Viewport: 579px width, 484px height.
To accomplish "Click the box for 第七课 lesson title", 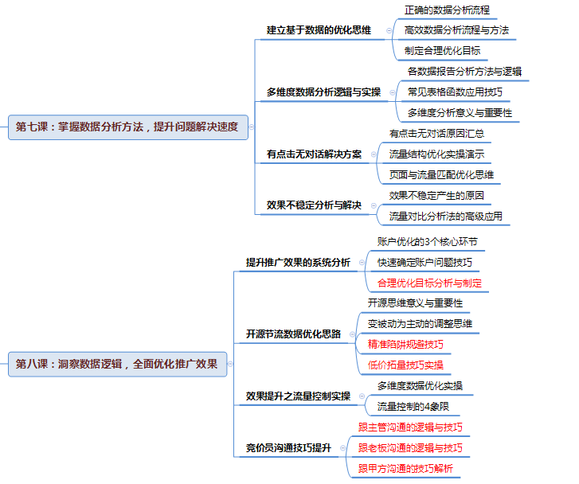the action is tap(128, 127).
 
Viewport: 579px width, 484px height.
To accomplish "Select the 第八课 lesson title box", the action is tap(117, 364).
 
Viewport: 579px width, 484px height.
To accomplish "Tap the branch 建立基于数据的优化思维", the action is tap(319, 30).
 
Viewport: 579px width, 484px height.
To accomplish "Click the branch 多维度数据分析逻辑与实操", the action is tap(323, 92).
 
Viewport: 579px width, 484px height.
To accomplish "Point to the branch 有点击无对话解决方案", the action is tap(314, 154).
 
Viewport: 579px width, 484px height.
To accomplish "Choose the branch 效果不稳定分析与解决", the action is tap(314, 205).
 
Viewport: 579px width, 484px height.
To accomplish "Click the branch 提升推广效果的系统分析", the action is tap(298, 263).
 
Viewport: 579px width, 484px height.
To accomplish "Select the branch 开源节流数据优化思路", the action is tap(293, 334).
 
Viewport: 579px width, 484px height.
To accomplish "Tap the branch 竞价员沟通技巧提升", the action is tap(288, 448).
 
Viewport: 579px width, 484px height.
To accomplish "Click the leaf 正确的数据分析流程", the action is tap(447, 10).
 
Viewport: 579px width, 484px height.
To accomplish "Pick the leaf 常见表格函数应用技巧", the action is tap(455, 92).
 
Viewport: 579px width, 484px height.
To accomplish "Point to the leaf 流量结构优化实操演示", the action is tap(436, 154).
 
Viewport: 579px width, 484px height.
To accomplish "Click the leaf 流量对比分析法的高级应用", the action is tap(446, 216).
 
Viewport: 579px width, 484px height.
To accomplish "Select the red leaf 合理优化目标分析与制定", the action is tap(429, 283).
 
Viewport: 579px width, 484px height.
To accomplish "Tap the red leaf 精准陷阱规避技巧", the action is tap(405, 345).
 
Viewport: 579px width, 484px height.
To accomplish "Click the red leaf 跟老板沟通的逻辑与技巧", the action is tap(410, 448).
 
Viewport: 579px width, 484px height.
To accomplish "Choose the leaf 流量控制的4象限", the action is tap(413, 407).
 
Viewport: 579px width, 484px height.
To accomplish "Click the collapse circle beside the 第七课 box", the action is tap(252, 127).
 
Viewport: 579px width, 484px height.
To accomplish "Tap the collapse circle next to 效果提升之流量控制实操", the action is tap(362, 396).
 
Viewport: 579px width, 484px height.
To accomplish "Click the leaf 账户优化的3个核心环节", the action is tap(427, 242).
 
